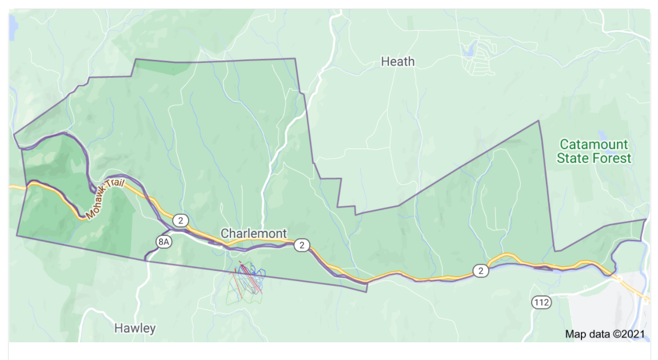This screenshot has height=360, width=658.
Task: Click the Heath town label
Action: coord(397,61)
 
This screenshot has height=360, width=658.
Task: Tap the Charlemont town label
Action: coord(253,233)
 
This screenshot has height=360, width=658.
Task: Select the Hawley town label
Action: coord(135,328)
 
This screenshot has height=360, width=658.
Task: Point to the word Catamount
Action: coord(593,144)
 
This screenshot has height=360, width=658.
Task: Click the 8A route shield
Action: coord(164,242)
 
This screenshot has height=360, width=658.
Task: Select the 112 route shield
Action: coord(541,302)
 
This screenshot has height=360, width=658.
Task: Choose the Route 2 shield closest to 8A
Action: coord(181,220)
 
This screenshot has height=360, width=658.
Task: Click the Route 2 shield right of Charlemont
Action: coord(301,246)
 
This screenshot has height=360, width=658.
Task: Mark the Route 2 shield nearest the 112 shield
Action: coord(481,270)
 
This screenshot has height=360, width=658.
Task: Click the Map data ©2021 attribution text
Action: coord(605,334)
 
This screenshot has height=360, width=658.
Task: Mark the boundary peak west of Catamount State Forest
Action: coord(539,121)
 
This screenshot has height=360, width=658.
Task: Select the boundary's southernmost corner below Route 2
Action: coord(366,292)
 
